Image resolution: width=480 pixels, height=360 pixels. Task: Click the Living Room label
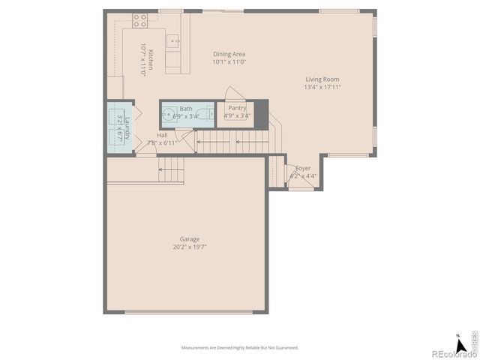click(x=322, y=79)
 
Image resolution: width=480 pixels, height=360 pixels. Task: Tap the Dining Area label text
click(x=229, y=54)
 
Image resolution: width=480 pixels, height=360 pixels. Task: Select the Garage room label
click(x=189, y=239)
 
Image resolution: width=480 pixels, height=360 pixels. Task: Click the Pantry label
click(x=237, y=108)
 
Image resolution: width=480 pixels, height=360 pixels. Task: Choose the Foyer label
click(x=303, y=169)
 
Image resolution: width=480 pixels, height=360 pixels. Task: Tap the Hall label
click(x=162, y=135)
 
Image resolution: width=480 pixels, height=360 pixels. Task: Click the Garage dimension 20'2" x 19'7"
click(x=189, y=247)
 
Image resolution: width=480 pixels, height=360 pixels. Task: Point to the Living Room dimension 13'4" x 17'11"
click(x=322, y=87)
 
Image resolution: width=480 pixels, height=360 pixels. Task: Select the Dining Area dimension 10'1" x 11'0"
click(x=229, y=61)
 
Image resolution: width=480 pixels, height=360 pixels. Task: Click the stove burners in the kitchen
click(x=139, y=20)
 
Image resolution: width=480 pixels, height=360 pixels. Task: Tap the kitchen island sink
click(x=172, y=40)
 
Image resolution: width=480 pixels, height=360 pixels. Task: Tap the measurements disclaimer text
click(x=240, y=348)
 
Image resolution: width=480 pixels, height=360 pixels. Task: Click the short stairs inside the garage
click(x=172, y=171)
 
